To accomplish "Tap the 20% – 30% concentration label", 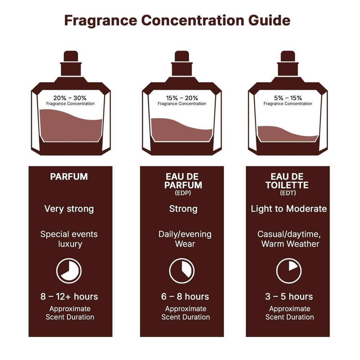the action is pos(70,98).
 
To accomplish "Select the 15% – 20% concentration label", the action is pos(182,98).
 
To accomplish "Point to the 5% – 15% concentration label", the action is pos(288,98).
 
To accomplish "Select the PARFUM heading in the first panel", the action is pos(69,177).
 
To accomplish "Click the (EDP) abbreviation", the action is pos(183,193).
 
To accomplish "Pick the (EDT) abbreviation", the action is pos(288,193).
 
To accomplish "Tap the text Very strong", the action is pos(69,209).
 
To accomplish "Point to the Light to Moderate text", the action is pos(289,209).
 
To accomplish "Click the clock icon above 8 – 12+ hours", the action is pos(69,271).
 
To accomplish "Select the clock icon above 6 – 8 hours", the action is pos(182,271).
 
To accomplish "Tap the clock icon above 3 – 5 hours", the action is pos(289,271).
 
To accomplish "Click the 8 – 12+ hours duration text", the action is pos(69,297).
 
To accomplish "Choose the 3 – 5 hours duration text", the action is pos(289,297).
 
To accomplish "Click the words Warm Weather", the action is pos(290,244).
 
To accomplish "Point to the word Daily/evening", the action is pos(185,234).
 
